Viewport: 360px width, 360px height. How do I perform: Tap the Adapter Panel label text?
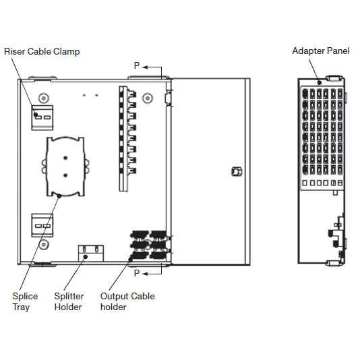pyautogui.click(x=320, y=51)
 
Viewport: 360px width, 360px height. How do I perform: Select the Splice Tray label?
pyautogui.click(x=25, y=301)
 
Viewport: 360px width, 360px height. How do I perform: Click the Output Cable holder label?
pyautogui.click(x=127, y=301)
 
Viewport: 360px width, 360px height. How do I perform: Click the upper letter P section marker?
pyautogui.click(x=137, y=66)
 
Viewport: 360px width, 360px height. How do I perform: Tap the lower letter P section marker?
pyautogui.click(x=137, y=273)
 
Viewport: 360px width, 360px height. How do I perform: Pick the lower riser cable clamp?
pyautogui.click(x=42, y=224)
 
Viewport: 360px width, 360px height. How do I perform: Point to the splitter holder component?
pyautogui.click(x=90, y=251)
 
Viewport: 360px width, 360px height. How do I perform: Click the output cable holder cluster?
pyautogui.click(x=148, y=246)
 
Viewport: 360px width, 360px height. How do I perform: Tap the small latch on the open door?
pyautogui.click(x=234, y=171)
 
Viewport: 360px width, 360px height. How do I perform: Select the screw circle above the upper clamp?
pyautogui.click(x=43, y=96)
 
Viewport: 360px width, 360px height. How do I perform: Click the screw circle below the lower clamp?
pyautogui.click(x=43, y=244)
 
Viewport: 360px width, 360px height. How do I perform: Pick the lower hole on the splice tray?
pyautogui.click(x=64, y=175)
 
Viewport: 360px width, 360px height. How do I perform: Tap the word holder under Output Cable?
pyautogui.click(x=113, y=307)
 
